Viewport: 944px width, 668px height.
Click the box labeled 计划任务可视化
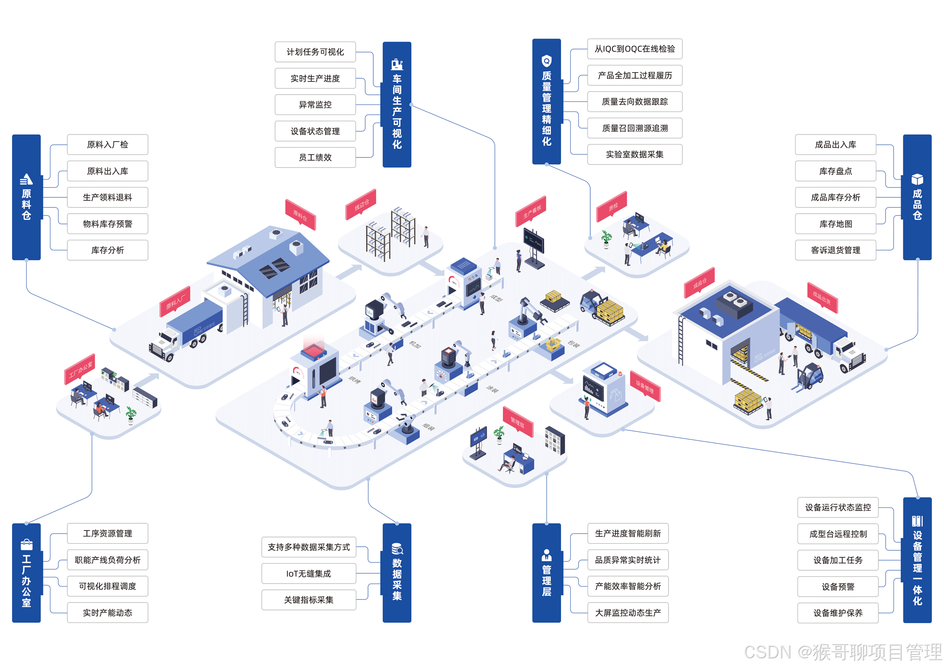315,52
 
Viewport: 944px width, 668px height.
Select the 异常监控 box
315,105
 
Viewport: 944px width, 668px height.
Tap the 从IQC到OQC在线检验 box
634,49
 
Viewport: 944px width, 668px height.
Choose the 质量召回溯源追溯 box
634,128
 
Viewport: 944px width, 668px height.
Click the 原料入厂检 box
107,145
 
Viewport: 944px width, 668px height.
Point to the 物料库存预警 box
107,224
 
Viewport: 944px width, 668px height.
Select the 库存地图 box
835,224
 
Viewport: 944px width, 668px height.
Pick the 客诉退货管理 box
835,250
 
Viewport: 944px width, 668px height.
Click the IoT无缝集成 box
309,574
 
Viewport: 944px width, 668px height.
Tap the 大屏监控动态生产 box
627,613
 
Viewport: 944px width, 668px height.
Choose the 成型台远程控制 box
837,534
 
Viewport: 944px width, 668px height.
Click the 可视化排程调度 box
107,586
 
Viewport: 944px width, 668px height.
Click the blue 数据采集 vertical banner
397,573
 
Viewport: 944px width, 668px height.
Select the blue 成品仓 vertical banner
917,197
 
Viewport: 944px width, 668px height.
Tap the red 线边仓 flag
361,204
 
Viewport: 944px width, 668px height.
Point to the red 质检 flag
612,207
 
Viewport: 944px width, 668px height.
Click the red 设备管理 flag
645,386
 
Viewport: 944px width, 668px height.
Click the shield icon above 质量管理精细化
546,61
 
